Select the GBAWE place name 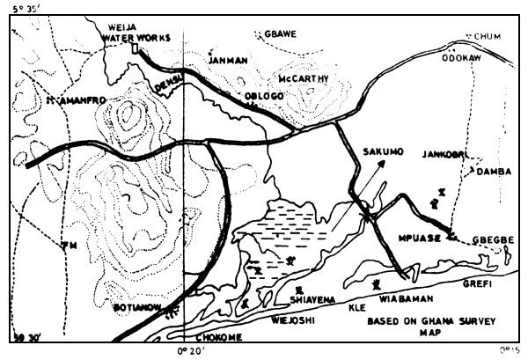[282, 33]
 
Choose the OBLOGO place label [265, 95]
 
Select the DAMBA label [493, 172]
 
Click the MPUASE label [419, 236]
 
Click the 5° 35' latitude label [21, 9]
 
